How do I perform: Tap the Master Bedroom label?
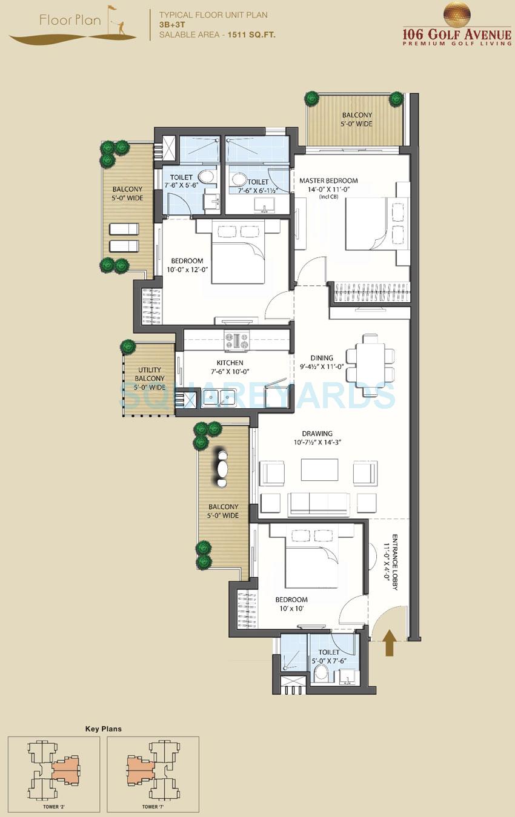coord(328,180)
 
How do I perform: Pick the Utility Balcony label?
coord(149,379)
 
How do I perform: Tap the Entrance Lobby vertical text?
coord(394,562)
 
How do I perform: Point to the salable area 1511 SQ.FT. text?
coord(217,35)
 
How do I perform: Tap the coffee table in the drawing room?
coord(319,470)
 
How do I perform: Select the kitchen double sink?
coord(219,397)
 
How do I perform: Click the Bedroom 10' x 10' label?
coord(291,604)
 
